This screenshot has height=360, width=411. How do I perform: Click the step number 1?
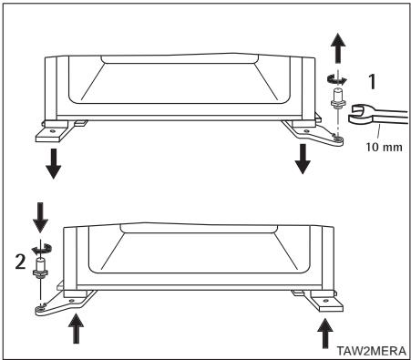(372, 81)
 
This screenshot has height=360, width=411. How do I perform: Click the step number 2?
(20, 262)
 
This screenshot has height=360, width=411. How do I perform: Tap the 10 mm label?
(384, 148)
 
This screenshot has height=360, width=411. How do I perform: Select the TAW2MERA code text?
(371, 351)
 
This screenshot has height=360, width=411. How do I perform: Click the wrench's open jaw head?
(360, 114)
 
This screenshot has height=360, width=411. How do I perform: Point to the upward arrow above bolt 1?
(337, 48)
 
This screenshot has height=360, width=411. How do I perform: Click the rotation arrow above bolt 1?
(336, 79)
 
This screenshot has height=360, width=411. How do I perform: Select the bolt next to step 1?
(337, 98)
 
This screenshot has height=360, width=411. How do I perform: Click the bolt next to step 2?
(40, 269)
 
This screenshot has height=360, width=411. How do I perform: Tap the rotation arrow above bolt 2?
(41, 249)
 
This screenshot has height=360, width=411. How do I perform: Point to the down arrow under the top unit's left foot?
(53, 163)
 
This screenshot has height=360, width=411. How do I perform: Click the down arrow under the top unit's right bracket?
(303, 159)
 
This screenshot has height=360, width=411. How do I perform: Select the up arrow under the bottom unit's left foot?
(76, 329)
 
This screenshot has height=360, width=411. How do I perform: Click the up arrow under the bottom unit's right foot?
(325, 334)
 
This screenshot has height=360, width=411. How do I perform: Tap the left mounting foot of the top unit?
(52, 131)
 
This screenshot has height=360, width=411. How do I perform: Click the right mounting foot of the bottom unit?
(325, 301)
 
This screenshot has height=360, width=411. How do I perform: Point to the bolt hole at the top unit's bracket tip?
(337, 139)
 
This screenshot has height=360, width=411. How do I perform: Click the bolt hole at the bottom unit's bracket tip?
(40, 309)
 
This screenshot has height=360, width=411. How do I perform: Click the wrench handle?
(392, 118)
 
